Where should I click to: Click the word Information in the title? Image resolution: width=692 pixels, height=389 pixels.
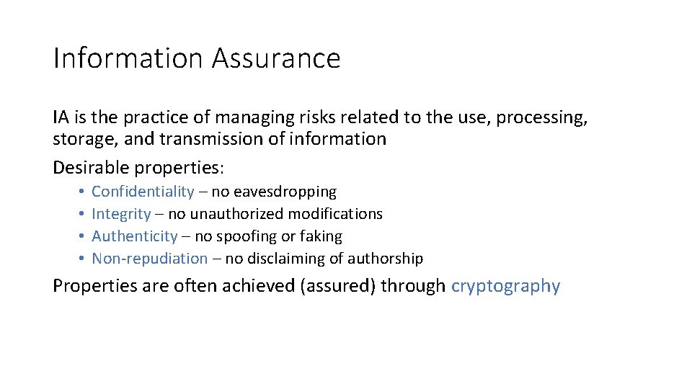click(x=128, y=58)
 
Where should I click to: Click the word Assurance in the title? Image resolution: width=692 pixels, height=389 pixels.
click(x=276, y=58)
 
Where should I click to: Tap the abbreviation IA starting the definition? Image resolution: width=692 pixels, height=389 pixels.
click(x=61, y=117)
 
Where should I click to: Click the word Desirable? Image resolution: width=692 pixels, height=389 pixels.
click(x=91, y=168)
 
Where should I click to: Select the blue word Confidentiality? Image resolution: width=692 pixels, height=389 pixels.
click(x=143, y=192)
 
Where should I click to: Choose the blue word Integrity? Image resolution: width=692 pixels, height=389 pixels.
click(x=121, y=214)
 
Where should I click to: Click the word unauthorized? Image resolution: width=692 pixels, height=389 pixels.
click(x=236, y=214)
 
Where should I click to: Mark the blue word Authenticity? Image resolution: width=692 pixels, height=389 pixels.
click(x=134, y=236)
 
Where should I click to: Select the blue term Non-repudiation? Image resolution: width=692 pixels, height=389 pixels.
click(x=149, y=259)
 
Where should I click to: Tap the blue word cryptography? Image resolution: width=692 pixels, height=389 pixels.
click(x=505, y=286)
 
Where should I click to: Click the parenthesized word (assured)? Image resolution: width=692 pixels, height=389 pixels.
click(x=334, y=286)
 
